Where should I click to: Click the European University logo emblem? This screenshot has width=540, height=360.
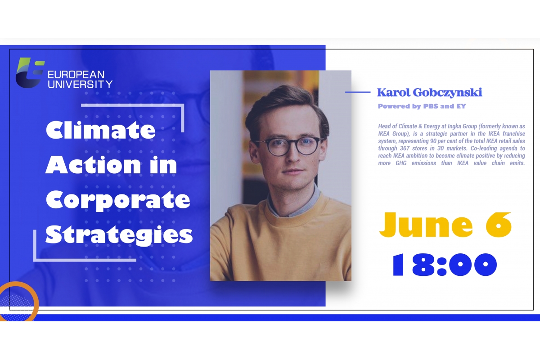30,72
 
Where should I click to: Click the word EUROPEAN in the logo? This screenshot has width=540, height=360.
76,75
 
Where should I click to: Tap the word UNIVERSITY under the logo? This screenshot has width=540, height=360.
80,85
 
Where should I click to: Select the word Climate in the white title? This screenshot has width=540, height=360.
100,130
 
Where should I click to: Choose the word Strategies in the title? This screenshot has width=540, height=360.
119,235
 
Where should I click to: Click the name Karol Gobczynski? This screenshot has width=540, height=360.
430,93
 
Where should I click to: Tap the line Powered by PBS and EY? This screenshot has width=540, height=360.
422,106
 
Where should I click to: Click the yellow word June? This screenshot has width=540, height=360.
426,225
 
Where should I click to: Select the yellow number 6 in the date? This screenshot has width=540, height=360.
499,225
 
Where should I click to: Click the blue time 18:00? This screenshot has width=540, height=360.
445,265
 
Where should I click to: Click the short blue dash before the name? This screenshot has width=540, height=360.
358,92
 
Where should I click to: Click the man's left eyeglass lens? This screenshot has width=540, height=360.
308,145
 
